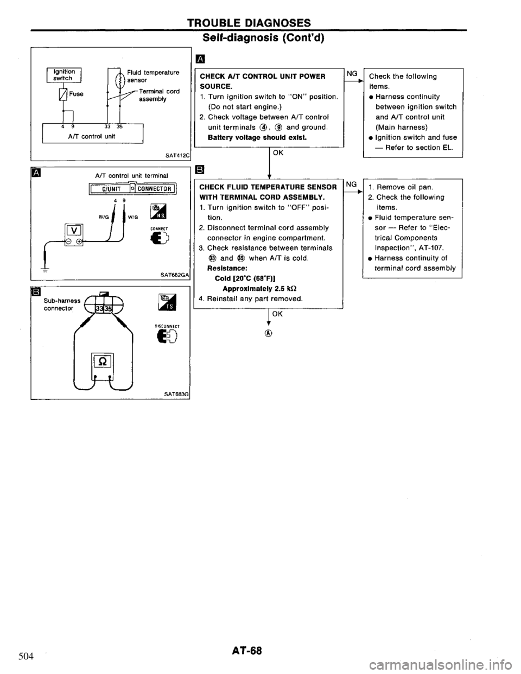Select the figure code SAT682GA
pos(172,275)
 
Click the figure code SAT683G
pos(174,393)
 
